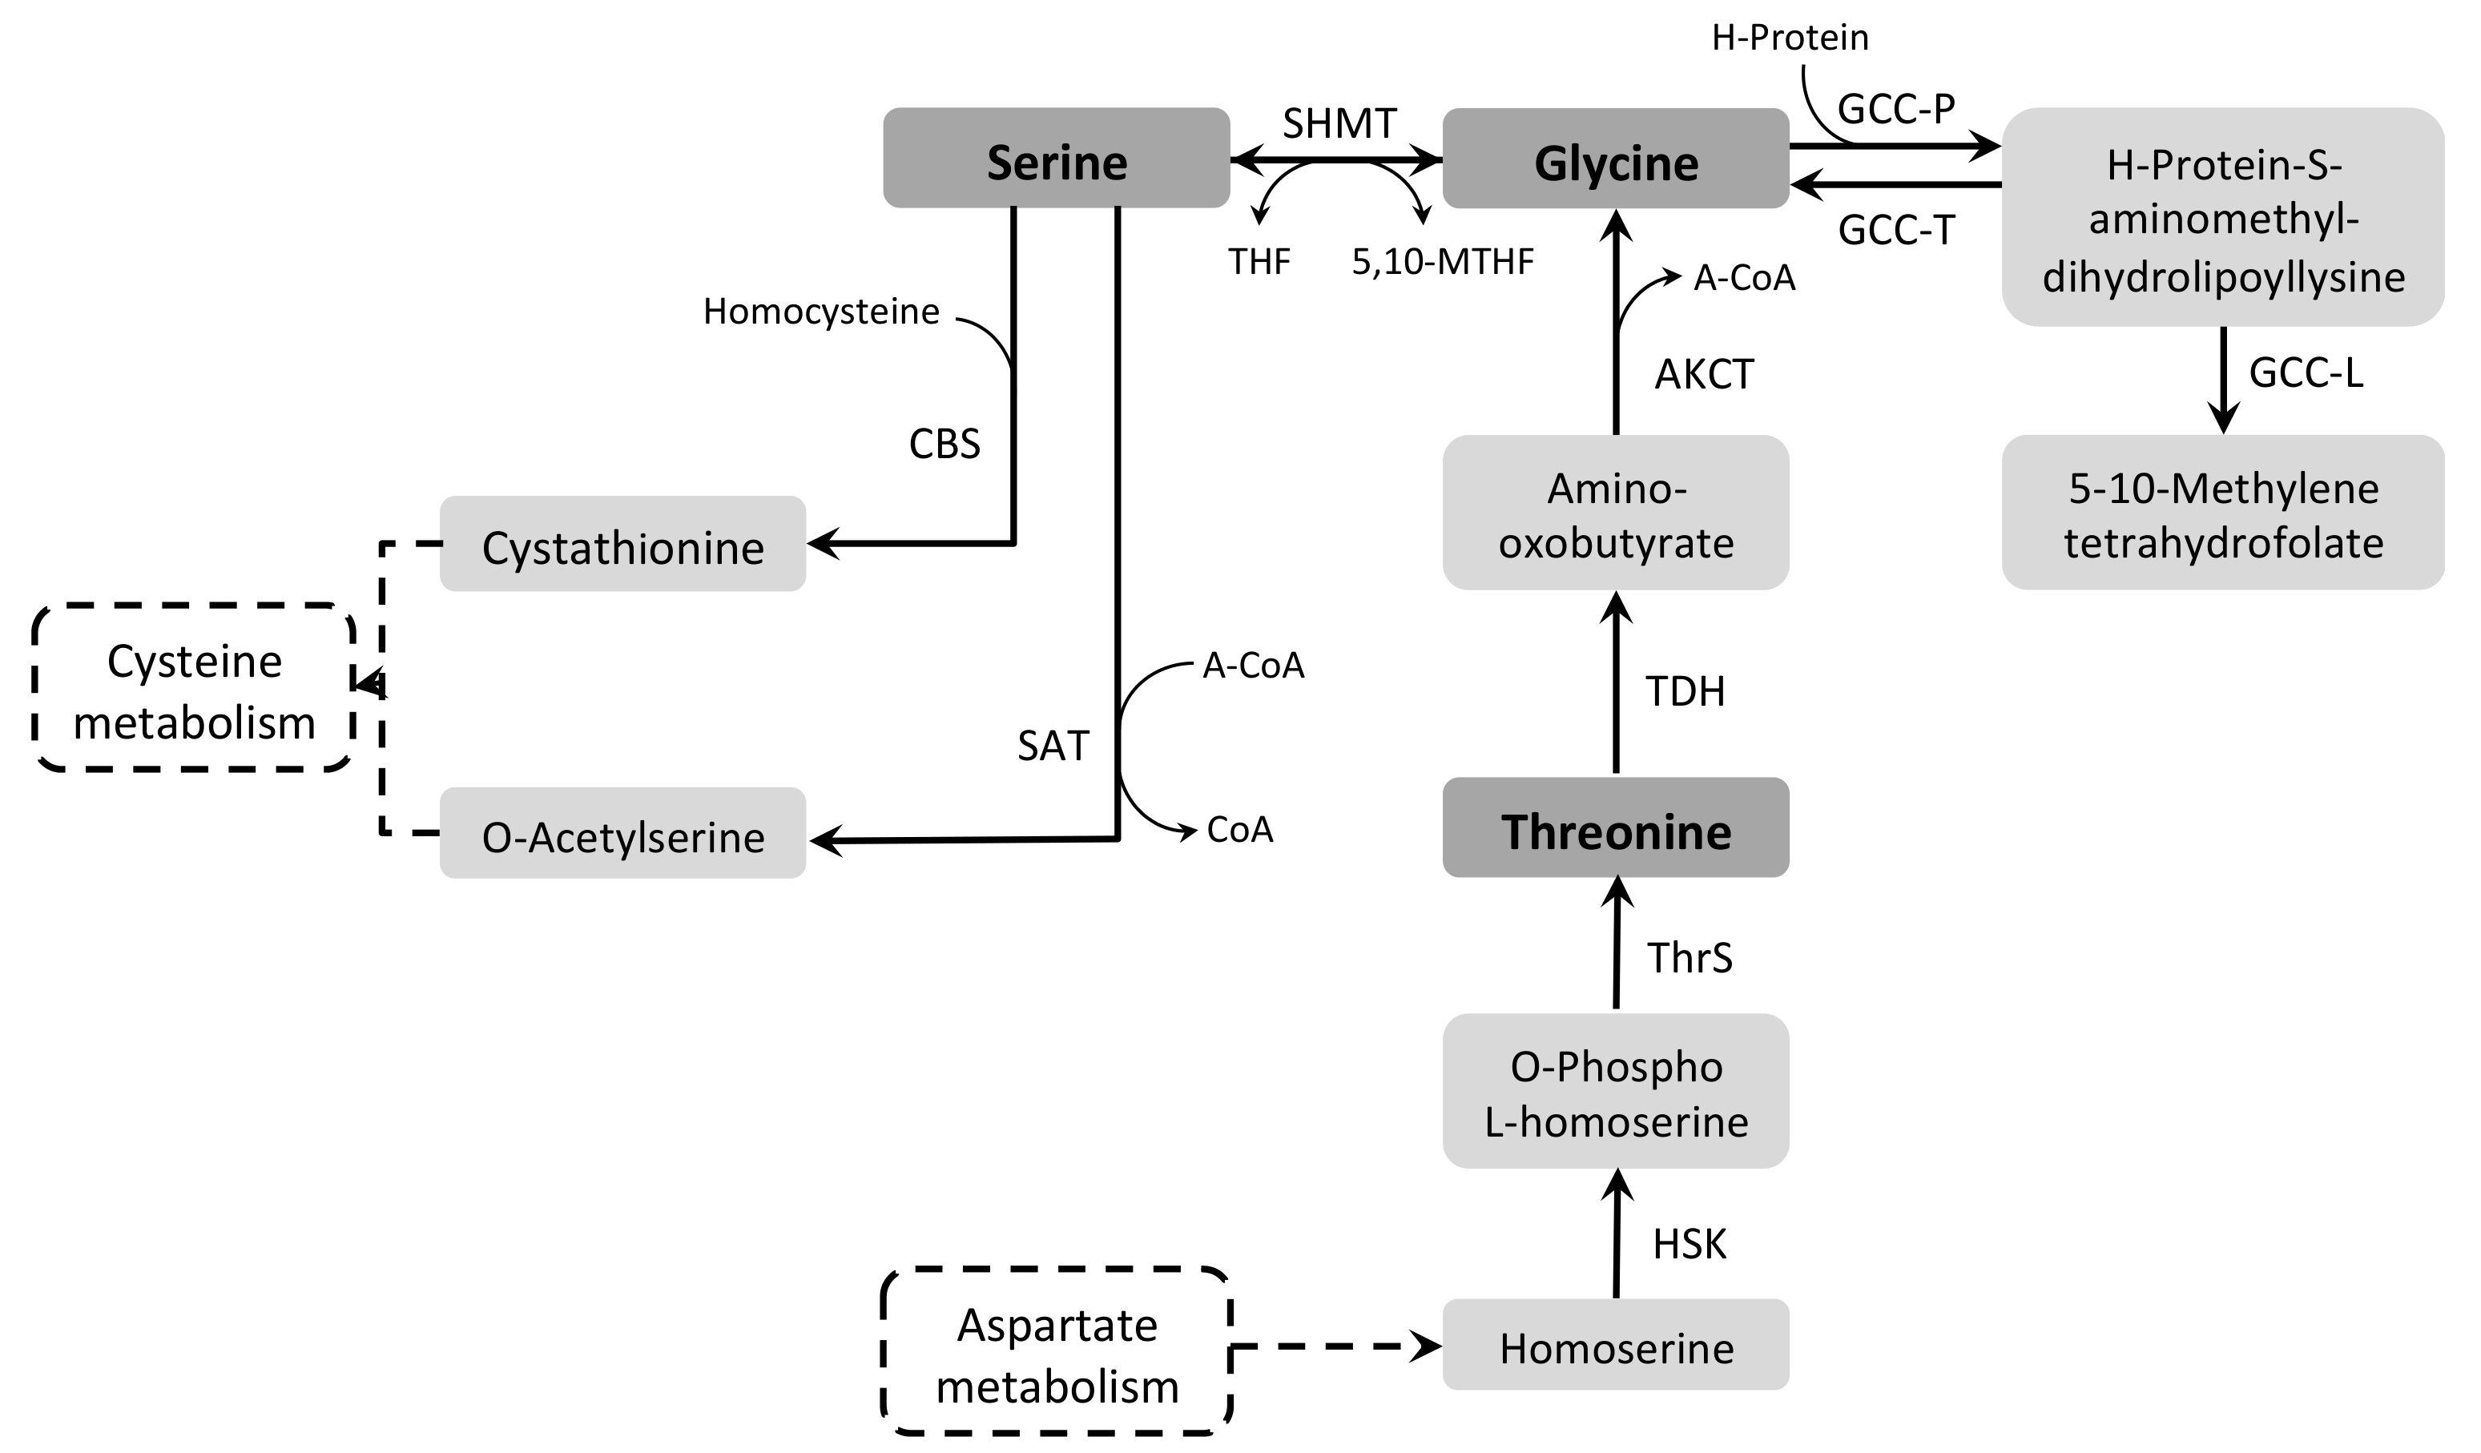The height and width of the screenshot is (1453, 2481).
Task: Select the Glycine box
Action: click(1615, 159)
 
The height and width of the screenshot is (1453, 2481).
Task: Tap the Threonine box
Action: click(1615, 828)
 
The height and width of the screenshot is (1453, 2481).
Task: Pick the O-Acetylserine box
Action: click(622, 833)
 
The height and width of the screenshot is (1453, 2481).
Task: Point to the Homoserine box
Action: click(1615, 1345)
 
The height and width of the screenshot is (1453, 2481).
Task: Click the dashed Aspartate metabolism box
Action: click(1057, 1351)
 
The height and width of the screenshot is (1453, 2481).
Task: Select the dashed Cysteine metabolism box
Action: click(194, 688)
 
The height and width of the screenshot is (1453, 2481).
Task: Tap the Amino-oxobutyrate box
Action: click(1615, 513)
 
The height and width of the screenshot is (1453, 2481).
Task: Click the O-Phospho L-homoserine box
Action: click(1615, 1092)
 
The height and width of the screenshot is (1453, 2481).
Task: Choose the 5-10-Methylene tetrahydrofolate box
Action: click(2222, 513)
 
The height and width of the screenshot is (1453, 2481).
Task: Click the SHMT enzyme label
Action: click(1339, 124)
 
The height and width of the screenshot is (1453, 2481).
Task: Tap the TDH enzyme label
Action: click(1685, 692)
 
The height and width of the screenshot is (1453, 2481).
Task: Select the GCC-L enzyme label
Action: click(2306, 373)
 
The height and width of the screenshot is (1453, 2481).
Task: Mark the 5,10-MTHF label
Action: click(1442, 262)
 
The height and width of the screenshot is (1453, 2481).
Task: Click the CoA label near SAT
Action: click(1239, 830)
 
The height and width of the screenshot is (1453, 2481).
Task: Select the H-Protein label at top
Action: click(1789, 38)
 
